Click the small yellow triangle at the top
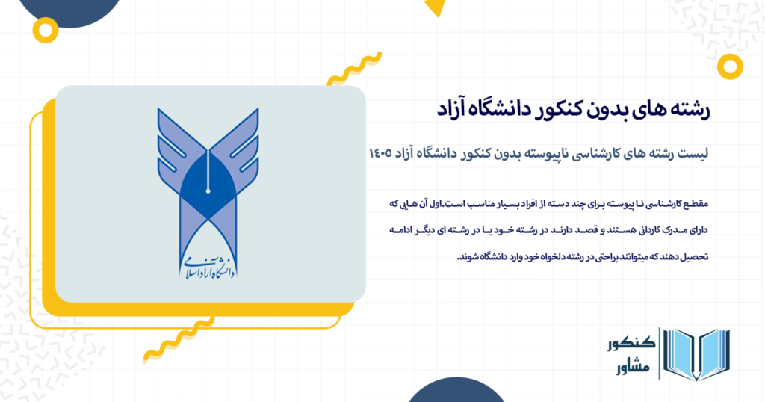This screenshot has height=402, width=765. tap(434, 9)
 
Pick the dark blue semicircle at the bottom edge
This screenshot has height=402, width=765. tap(447, 392)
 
